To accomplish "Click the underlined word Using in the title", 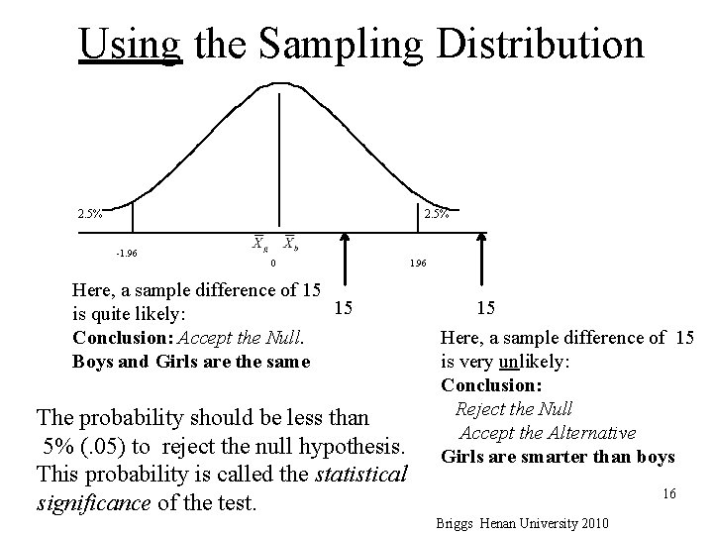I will click(130, 44).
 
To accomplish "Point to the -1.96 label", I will click(127, 253).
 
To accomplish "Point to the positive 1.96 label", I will click(417, 265).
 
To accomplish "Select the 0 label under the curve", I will click(273, 264).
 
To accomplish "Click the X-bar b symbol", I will click(289, 243).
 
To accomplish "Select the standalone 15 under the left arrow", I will click(343, 309).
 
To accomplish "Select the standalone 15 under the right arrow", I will click(486, 309).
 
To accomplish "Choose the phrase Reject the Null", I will click(513, 408).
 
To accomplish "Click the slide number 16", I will click(669, 492).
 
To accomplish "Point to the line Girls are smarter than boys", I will click(558, 457).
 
